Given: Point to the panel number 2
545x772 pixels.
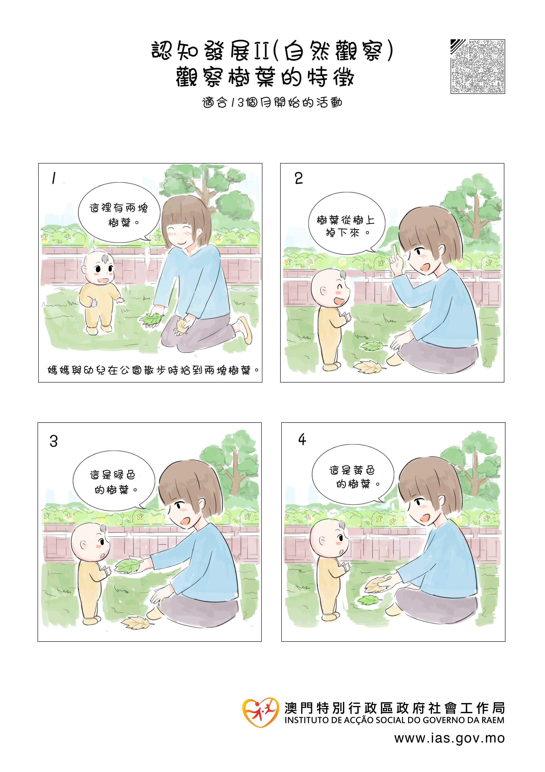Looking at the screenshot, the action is click(x=298, y=178).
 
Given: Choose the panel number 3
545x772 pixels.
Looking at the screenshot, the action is click(x=54, y=441).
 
